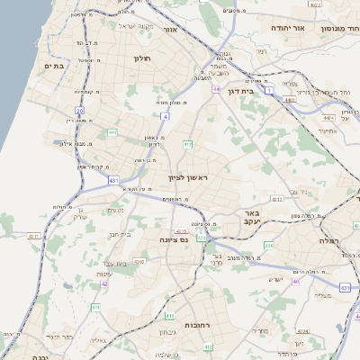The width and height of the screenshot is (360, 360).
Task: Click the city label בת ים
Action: [52, 67]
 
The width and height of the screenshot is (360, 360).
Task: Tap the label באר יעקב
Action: [251, 218]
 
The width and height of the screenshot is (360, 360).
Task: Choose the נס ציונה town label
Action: [172, 240]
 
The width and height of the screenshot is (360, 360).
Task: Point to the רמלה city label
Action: [327, 240]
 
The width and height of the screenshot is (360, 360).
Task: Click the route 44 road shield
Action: [216, 90]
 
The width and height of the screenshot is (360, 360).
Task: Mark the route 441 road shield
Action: [112, 132]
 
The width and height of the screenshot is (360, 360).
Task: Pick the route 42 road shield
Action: [104, 283]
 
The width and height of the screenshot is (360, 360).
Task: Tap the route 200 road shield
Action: [268, 245]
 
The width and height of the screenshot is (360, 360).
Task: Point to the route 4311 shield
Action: [33, 237]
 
